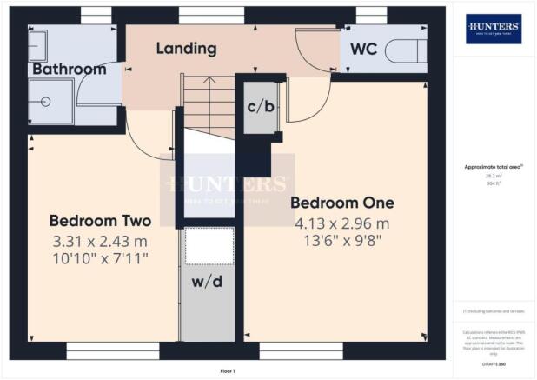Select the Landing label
tap(186, 49)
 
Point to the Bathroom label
tap(70, 69)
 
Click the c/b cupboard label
tap(258, 107)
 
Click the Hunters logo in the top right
tap(494, 29)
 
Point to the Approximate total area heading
tap(493, 169)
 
